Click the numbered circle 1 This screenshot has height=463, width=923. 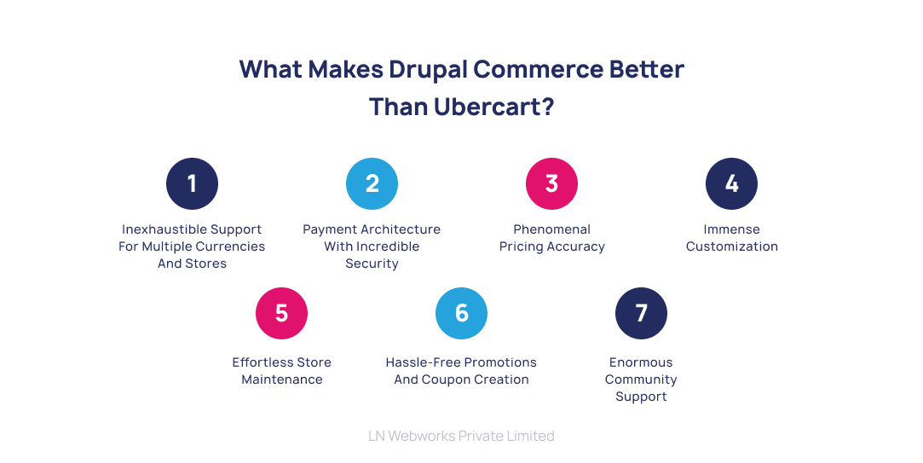tap(192, 183)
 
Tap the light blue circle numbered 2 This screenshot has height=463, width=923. tap(372, 183)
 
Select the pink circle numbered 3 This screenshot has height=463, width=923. tap(551, 183)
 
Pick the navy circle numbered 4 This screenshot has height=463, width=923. tap(731, 183)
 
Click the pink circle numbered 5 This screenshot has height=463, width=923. tap(281, 313)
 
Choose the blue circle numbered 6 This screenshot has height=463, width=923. tap(461, 313)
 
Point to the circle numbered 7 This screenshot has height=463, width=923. tap(641, 313)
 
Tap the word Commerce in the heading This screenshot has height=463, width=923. tap(539, 69)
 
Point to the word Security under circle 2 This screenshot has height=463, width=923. tap(372, 263)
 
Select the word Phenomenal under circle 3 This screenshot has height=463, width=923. tap(551, 229)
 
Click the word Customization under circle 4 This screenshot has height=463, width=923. tap(731, 246)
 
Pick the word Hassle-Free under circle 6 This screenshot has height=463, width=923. tap(424, 362)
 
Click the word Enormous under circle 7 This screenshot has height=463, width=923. tap(641, 362)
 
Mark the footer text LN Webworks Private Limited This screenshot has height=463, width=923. tap(461, 436)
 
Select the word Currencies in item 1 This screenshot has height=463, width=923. tap(231, 246)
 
